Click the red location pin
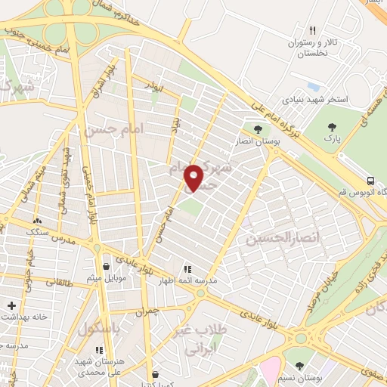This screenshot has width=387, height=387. pyautogui.click(x=194, y=178)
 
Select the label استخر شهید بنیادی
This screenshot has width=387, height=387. pyautogui.click(x=316, y=99)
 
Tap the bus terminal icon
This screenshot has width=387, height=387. pyautogui.click(x=370, y=181)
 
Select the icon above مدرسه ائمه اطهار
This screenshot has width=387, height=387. pyautogui.click(x=187, y=268)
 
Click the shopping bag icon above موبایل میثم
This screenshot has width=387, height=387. pyautogui.click(x=105, y=267)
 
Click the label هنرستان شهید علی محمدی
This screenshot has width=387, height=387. pyautogui.click(x=100, y=367)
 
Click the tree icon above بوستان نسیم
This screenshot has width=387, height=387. pyautogui.click(x=300, y=364)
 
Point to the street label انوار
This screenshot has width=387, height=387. pyautogui.click(x=156, y=88)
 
